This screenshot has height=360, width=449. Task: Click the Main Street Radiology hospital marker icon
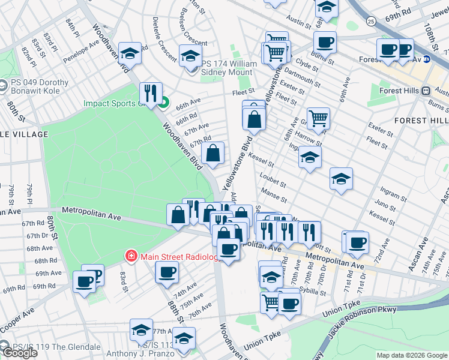point(130,257)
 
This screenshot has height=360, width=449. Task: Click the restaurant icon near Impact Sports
point(149,93)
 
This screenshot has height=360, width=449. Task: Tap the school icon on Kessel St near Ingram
point(310,157)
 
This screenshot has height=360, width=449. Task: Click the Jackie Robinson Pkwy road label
point(360,325)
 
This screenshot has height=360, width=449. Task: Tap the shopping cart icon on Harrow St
point(318,118)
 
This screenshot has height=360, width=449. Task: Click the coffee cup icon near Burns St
point(325,42)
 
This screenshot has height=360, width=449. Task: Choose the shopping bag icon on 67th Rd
point(213,154)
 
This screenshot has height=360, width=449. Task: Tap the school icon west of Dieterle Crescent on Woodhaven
point(130,53)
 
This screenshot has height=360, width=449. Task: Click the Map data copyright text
point(411,355)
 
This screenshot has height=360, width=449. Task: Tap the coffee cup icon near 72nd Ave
point(358,242)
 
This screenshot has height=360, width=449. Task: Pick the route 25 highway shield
point(372,22)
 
